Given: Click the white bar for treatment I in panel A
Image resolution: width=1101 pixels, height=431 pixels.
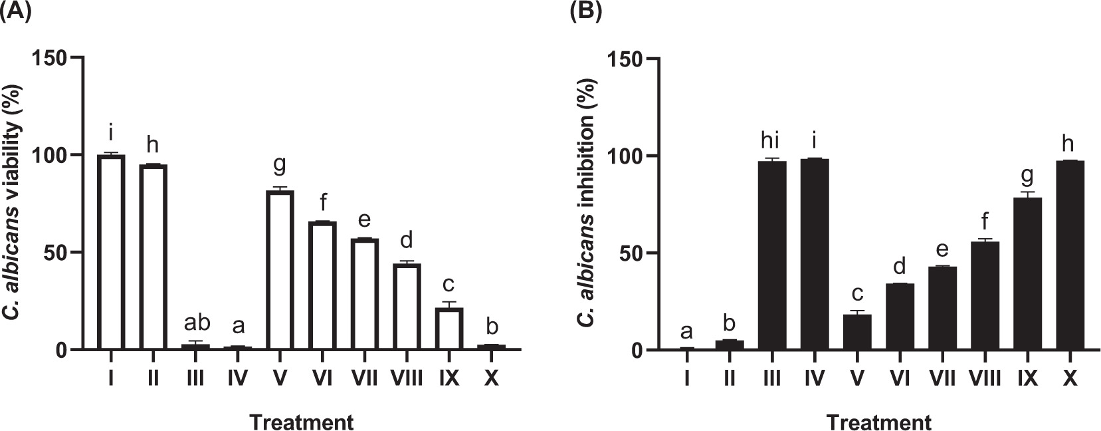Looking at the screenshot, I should click(x=110, y=253).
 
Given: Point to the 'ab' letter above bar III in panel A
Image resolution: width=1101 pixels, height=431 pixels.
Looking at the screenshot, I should click(x=196, y=323).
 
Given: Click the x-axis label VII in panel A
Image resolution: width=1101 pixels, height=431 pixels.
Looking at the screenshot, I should click(x=364, y=378).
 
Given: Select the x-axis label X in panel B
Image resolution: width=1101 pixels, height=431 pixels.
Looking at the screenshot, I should click(x=1069, y=379).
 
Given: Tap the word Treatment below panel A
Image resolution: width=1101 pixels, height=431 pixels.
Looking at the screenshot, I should click(x=301, y=422).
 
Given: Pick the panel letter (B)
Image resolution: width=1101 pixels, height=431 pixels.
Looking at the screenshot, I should click(x=585, y=13).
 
